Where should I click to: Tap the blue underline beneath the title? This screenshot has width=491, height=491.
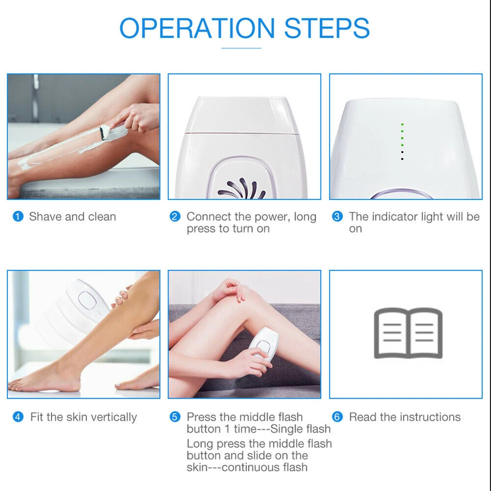[x=241, y=48]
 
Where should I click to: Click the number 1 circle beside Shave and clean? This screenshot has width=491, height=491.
[x=18, y=217]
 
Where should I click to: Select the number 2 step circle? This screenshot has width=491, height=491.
[x=175, y=217]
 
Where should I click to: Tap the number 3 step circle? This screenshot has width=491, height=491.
[x=337, y=217]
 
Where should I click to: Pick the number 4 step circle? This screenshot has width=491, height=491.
[x=18, y=417]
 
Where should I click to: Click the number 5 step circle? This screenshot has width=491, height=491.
[x=175, y=417]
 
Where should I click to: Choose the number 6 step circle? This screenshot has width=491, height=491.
[x=337, y=417]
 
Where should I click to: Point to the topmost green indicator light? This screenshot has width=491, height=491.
[x=402, y=125]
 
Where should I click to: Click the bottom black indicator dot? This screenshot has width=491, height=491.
[x=402, y=159]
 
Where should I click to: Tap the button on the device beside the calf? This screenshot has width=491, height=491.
[x=89, y=300]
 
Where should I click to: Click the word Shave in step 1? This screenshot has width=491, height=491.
[x=44, y=217]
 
